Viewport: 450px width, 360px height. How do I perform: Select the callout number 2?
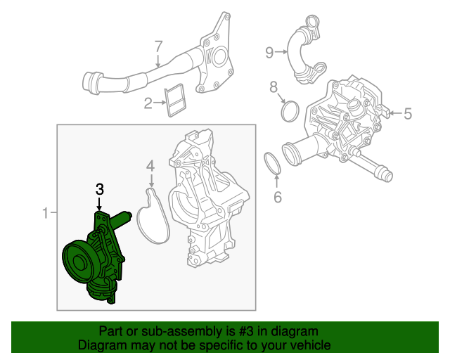(x=148, y=105)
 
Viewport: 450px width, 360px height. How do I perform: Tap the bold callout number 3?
(x=100, y=189)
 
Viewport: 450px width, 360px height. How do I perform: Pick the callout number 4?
(x=150, y=167)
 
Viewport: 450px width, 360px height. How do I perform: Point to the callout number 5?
(x=408, y=112)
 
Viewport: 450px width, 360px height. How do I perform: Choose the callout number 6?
(x=277, y=198)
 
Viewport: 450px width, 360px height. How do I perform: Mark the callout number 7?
(x=159, y=46)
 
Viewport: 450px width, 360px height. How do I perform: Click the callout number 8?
(x=274, y=87)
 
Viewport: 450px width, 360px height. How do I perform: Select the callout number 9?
(x=269, y=51)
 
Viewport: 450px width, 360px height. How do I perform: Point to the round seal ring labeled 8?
(x=290, y=111)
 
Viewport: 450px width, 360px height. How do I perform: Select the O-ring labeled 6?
(x=273, y=164)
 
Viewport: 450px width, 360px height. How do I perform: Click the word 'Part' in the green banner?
(x=112, y=331)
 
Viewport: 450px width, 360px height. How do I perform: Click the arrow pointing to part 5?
(x=393, y=112)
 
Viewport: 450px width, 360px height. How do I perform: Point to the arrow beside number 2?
(x=159, y=105)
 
